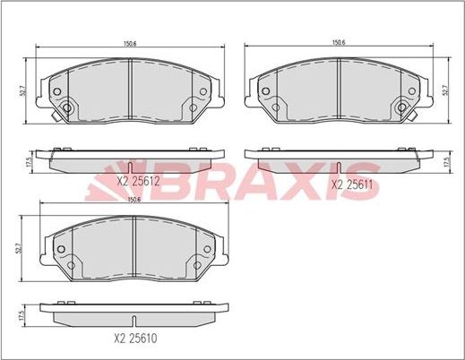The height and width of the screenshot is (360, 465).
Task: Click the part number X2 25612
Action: [138, 181]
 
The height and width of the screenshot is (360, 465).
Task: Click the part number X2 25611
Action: [352, 184]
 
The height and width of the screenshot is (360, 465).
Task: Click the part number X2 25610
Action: [135, 339]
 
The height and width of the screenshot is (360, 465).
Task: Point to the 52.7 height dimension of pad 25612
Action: [24, 90]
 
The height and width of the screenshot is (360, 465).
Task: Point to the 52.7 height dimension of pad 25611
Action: [445, 90]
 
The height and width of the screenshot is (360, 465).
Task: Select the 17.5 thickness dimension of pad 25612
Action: [29, 162]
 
